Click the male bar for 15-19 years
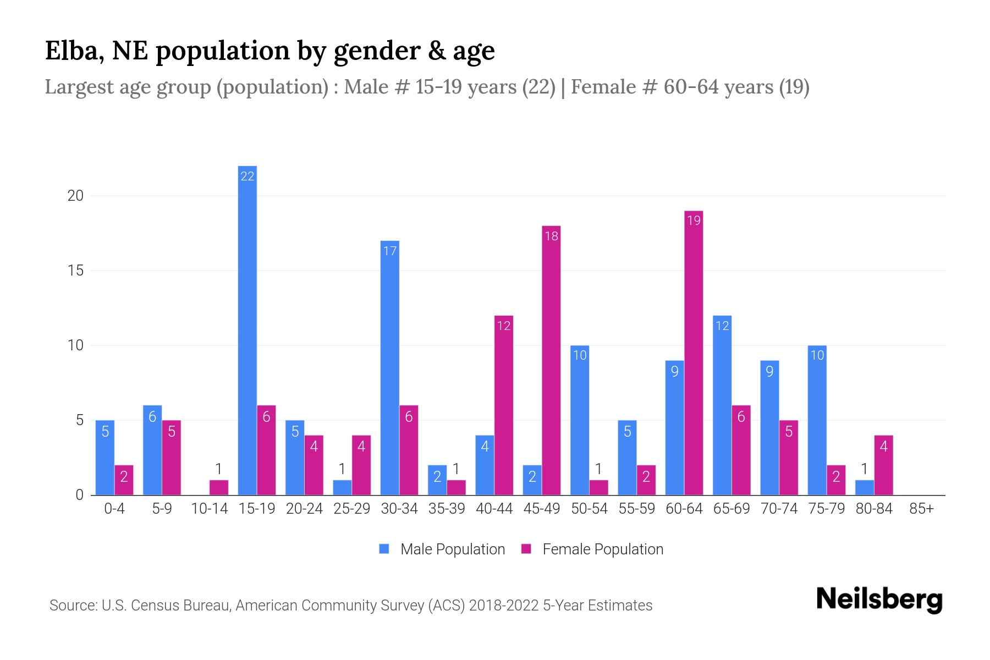point(248,330)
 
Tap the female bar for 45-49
point(551,360)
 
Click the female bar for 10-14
point(219,487)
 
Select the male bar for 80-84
point(865,487)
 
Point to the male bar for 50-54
point(580,420)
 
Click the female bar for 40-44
point(504,405)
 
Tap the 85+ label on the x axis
point(921,509)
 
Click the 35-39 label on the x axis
point(447,509)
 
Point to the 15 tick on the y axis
point(75,271)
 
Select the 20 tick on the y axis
point(75,196)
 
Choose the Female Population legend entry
point(592,549)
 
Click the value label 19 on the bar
point(694,221)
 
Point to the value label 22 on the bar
point(248,176)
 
